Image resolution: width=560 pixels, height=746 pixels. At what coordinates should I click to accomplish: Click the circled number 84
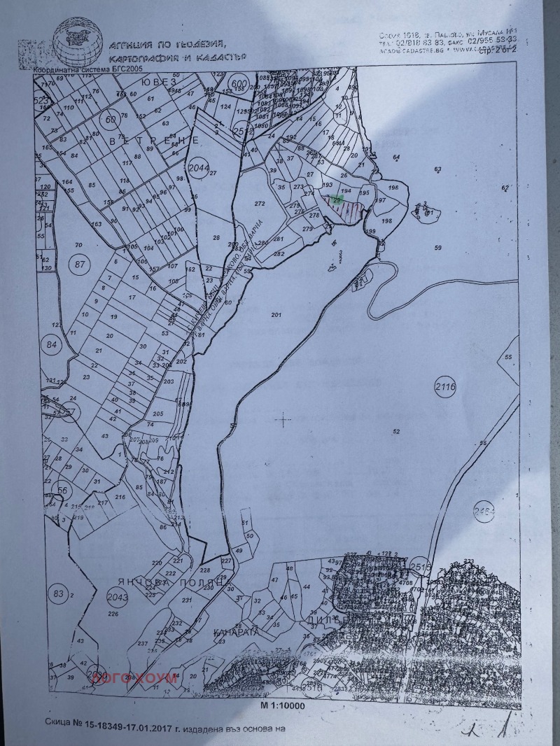[x=52, y=344]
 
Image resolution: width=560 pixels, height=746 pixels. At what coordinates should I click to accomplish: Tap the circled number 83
[x=59, y=594]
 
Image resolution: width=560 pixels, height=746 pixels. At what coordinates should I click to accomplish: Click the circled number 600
[x=239, y=84]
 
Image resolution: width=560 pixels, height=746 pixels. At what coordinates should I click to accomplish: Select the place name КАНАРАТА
[x=236, y=631]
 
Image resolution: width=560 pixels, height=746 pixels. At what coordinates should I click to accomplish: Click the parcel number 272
[x=260, y=204]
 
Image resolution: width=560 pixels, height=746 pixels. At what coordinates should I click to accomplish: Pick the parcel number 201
[x=275, y=315]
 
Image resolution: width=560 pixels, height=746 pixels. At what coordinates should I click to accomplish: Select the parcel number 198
[x=387, y=221]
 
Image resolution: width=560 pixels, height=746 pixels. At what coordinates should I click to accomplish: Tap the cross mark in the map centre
[x=283, y=420]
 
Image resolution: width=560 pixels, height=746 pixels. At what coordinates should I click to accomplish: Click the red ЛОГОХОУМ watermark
[x=123, y=677]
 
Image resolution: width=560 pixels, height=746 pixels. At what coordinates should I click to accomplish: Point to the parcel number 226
[x=113, y=614]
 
